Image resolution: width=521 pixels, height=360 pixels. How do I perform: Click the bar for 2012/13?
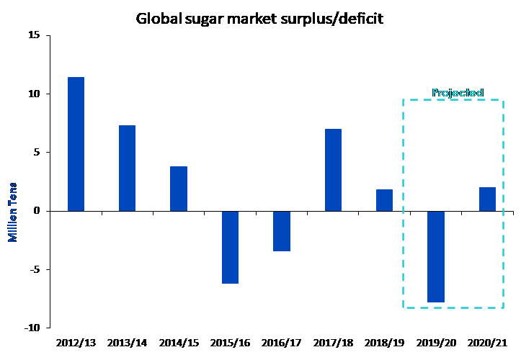76,144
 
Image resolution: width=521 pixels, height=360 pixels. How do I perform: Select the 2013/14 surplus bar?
127,168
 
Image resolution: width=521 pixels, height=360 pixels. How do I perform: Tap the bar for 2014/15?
179,189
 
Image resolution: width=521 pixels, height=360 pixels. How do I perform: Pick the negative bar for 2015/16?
230,247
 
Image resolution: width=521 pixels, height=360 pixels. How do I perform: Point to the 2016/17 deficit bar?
282,231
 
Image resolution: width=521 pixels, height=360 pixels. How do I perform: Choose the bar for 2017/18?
333,170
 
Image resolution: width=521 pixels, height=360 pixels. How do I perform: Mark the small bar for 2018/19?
384,200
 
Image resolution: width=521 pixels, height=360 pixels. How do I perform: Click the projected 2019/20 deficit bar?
436,256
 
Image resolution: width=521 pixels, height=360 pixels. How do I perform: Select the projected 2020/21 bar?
487,199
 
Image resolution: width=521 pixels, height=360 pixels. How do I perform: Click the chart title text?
259,18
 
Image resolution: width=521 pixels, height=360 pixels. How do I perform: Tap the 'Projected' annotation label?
457,93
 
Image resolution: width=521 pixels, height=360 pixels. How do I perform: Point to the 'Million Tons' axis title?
12,210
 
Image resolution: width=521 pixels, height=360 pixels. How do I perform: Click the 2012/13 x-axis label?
76,343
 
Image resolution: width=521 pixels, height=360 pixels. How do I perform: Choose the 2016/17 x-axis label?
282,343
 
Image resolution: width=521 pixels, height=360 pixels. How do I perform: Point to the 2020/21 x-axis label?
487,343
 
